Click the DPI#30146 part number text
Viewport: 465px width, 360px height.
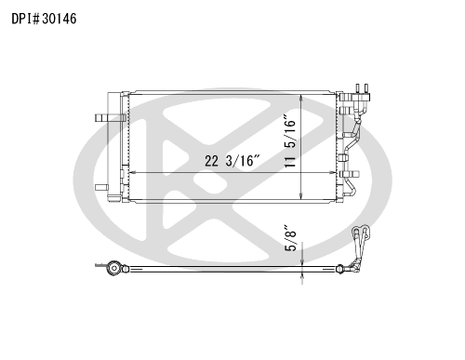click(44, 19)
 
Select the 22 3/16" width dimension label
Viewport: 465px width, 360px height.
click(232, 161)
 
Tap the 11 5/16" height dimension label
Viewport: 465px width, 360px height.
click(290, 141)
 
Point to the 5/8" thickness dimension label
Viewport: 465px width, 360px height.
click(291, 238)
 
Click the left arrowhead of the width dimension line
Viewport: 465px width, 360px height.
click(132, 172)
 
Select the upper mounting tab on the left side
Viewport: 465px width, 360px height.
click(110, 117)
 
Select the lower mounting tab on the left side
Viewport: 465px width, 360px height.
click(101, 187)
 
